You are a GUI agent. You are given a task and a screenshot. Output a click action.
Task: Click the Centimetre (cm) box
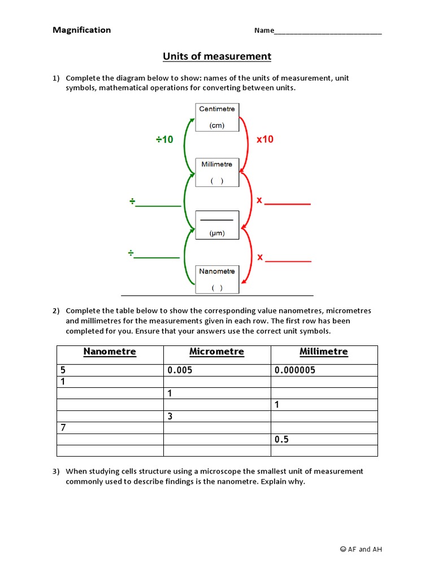point(217,117)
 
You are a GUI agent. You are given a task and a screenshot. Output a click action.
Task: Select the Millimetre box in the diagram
point(217,172)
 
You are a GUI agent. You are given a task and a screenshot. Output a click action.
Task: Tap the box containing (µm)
point(217,225)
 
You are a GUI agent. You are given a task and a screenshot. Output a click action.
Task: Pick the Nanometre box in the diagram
point(217,279)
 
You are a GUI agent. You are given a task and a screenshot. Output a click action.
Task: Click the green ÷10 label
point(165,139)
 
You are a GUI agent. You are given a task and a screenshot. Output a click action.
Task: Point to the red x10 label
point(265,139)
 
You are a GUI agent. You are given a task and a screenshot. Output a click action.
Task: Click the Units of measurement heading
point(217,56)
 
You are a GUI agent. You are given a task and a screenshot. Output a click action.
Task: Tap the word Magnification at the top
point(82,30)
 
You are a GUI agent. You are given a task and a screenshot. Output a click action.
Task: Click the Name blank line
point(328,31)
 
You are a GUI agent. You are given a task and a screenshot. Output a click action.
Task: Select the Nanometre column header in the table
point(110,352)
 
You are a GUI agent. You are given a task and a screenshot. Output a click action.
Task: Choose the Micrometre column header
point(217,352)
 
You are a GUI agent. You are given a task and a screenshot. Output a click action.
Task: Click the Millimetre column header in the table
point(324,352)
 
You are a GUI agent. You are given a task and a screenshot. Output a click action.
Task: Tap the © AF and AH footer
point(361,549)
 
